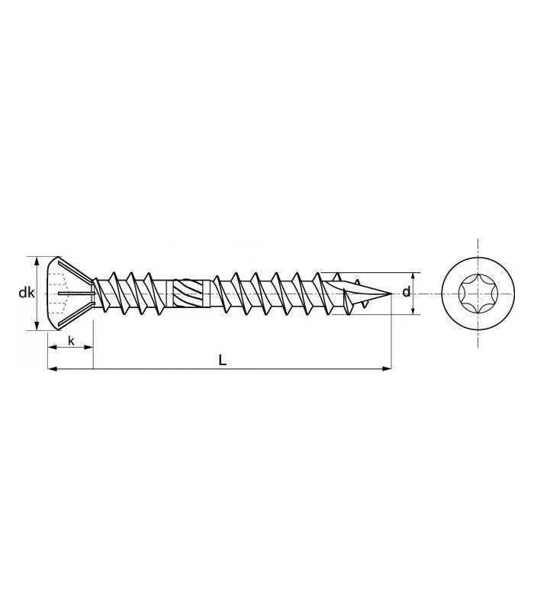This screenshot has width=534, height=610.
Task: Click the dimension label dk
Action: pos(27,293)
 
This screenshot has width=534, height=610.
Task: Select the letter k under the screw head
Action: pos(71,341)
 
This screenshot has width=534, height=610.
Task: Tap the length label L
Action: pos(222,360)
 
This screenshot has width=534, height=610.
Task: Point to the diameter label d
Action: pos(406,292)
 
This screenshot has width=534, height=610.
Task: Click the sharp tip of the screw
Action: pos(391,293)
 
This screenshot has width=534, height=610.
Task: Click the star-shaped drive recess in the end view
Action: pos(478,294)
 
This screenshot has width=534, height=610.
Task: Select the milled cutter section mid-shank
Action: pos(188,294)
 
